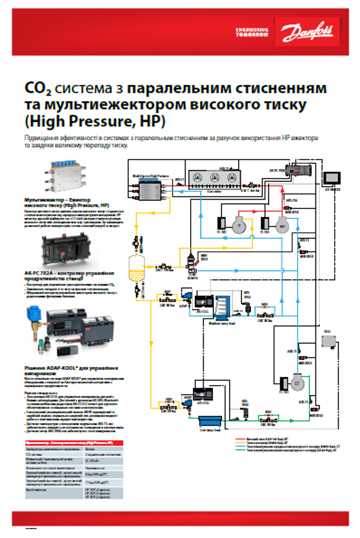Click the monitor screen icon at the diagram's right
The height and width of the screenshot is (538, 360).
pyautogui.click(x=332, y=178)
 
